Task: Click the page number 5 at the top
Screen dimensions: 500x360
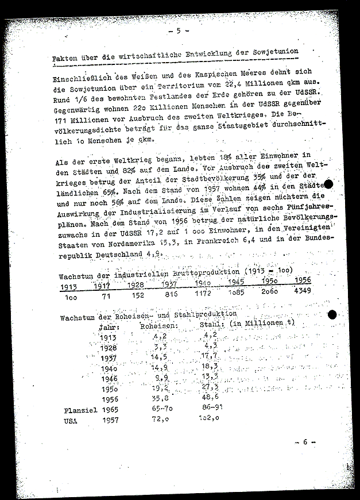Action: coord(179,30)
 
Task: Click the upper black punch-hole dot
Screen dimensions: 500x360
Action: coord(330,184)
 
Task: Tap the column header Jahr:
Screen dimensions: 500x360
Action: coord(110,327)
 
